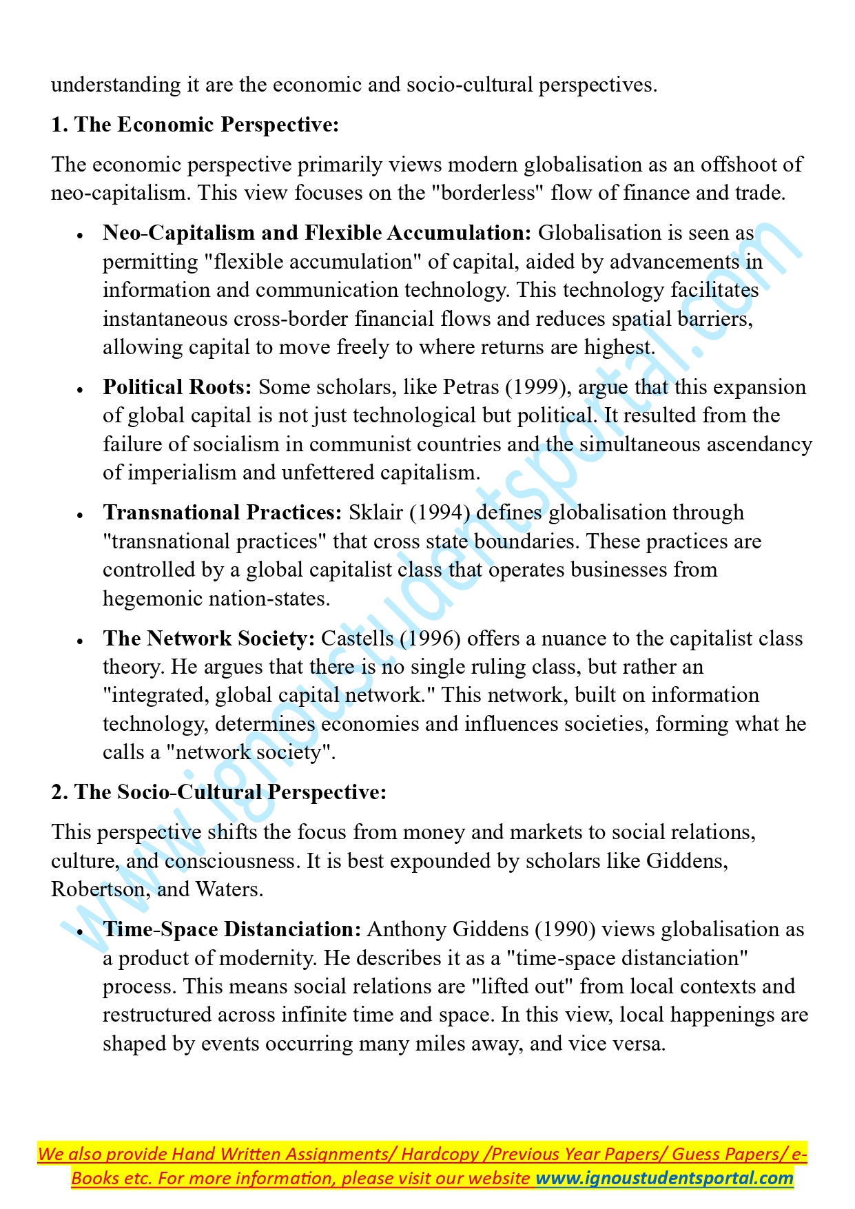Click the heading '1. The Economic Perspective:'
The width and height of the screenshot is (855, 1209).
point(195,125)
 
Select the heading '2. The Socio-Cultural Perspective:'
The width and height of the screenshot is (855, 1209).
point(218,792)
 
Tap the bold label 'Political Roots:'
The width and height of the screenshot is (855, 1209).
point(177,387)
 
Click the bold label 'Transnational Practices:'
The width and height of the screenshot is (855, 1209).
point(222,513)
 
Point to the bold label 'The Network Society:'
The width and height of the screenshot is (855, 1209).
point(209,639)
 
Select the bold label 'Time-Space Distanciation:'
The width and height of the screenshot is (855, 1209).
point(231,929)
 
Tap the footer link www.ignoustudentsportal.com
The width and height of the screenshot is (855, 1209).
point(664,1178)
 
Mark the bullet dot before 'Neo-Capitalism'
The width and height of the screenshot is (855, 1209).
point(81,235)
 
